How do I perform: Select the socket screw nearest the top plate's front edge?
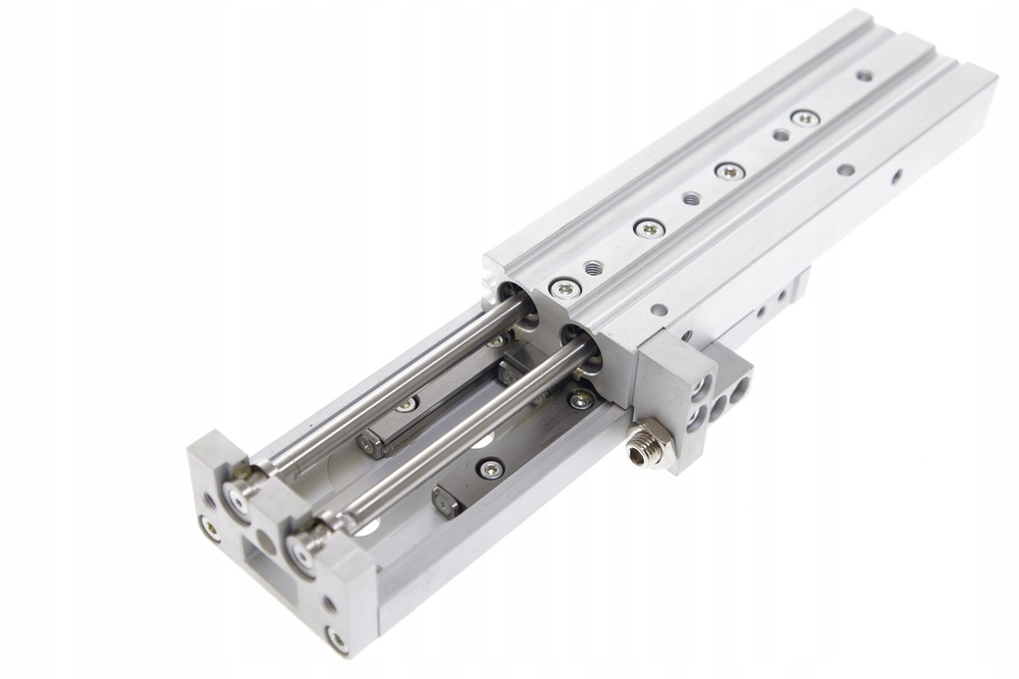(x=565, y=289)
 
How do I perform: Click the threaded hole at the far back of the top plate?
(x=864, y=76)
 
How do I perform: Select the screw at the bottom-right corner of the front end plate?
(x=338, y=637)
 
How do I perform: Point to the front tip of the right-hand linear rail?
(x=445, y=501)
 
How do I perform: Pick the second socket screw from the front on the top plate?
(x=650, y=229)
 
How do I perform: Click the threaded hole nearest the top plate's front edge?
(x=594, y=268)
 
